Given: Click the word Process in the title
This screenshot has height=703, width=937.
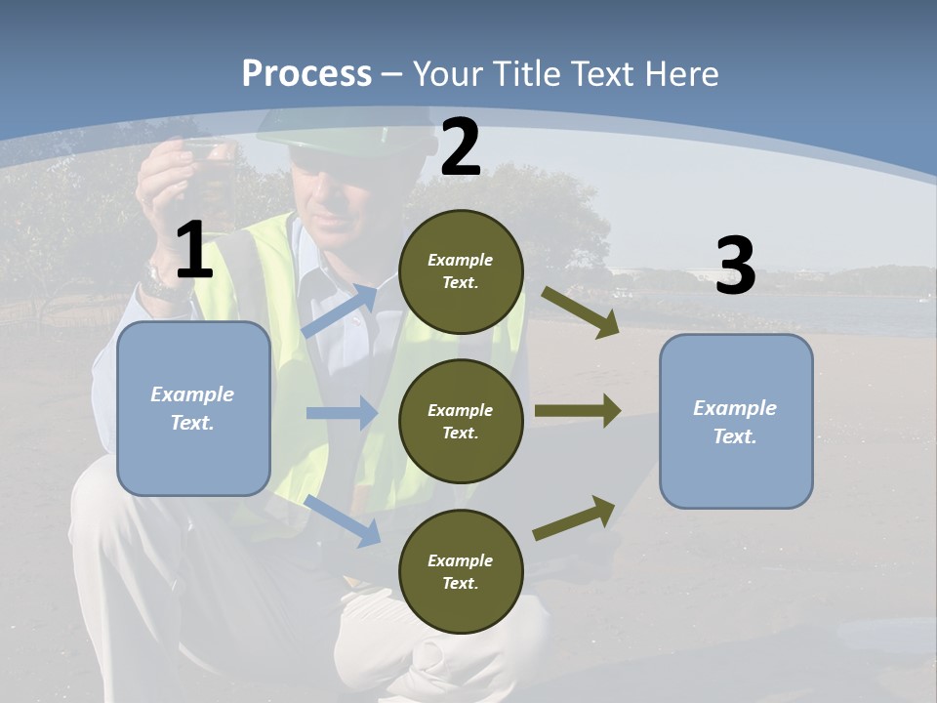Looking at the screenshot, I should point(306,74).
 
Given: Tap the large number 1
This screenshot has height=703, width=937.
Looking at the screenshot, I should point(194,251).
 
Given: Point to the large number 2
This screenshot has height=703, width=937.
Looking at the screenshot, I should point(461,147).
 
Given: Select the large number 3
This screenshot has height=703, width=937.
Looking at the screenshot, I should point(735,267).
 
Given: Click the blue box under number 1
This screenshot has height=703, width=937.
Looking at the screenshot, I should point(193,408).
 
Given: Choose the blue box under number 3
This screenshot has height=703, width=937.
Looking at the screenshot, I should point(736,421).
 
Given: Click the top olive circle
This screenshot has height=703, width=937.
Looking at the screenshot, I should point(461,270).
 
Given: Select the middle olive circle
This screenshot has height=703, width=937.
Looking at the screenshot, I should point(461,421).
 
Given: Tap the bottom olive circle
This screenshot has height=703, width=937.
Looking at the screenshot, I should point(461,571).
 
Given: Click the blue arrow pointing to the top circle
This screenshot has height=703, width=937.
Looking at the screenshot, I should point(341,310).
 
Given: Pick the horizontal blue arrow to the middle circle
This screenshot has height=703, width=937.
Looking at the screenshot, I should point(342,413).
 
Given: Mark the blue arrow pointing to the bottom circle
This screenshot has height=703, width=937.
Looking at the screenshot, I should point(342,519).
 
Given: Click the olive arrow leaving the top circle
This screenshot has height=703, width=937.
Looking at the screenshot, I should point(580,312).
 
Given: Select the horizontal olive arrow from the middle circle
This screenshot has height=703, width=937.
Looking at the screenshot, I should point(577,411).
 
